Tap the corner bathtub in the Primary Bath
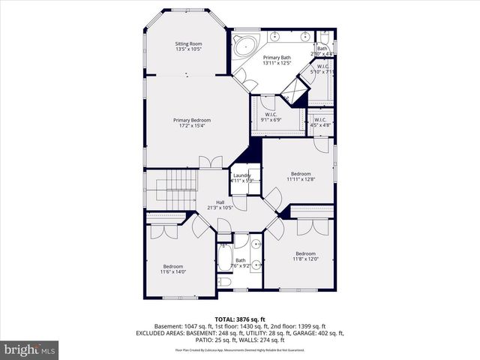[244, 46]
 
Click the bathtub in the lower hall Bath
[224, 262]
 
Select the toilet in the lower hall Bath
[224, 282]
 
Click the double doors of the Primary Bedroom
[210, 161]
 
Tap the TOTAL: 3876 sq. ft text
[239, 319]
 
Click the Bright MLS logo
[30, 349]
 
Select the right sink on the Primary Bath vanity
[306, 36]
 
